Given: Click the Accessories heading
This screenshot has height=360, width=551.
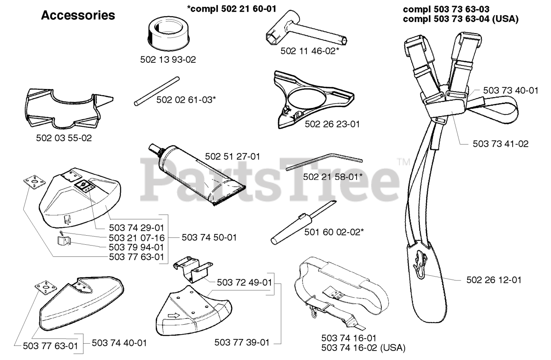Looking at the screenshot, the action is [77, 16].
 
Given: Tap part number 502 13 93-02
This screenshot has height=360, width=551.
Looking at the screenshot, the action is [168, 60].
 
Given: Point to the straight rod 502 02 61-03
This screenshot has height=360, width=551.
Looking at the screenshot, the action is [156, 91].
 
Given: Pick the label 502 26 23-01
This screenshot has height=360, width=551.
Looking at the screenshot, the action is [332, 124].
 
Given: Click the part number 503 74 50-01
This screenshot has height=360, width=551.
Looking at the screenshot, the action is [209, 237].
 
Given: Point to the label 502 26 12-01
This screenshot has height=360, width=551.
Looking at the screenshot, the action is [494, 280].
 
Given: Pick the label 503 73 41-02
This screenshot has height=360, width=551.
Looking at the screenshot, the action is [501, 144].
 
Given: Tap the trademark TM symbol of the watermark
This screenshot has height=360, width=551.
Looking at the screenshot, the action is [404, 162].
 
